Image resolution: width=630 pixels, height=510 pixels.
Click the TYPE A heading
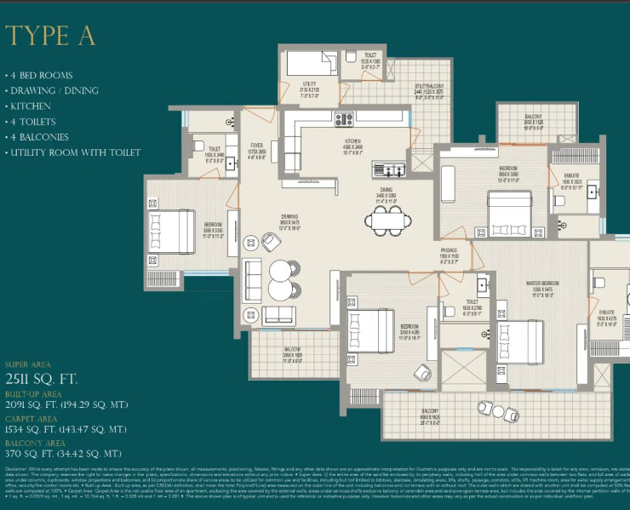click(50, 37)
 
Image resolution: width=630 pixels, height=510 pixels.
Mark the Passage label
click(450, 251)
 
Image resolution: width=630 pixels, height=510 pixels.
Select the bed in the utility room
click(311, 65)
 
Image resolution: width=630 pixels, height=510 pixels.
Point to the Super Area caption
click(27, 364)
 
